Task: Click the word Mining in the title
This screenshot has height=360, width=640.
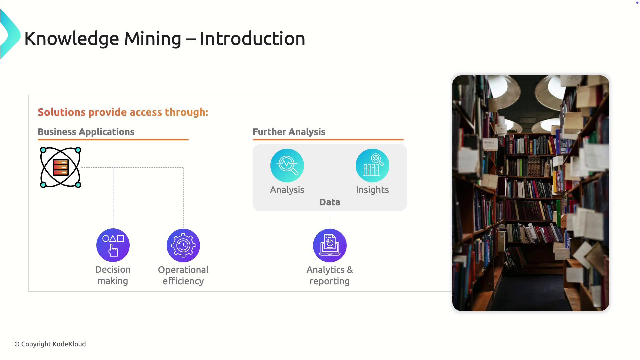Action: [153, 39]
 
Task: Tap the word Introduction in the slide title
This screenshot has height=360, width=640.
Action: [252, 39]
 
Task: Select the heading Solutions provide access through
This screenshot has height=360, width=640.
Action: [123, 112]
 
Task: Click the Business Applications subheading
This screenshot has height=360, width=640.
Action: [86, 132]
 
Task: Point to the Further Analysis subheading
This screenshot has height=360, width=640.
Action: [289, 132]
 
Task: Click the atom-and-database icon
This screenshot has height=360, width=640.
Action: [60, 167]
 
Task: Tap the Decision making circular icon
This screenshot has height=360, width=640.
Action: [113, 245]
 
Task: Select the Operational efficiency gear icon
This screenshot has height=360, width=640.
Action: [183, 245]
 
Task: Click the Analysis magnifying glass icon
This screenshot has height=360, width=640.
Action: [287, 165]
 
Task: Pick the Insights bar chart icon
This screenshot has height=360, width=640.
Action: [372, 165]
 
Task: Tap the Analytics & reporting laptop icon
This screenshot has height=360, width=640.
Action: [330, 245]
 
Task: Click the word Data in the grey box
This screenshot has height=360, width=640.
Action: [330, 202]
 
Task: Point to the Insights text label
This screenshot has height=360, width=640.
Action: [372, 190]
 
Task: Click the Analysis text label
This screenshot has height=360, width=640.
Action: [287, 190]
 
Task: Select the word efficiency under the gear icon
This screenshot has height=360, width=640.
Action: [183, 281]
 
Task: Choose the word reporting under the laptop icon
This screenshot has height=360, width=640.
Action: [330, 281]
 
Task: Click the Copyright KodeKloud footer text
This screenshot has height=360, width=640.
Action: [50, 344]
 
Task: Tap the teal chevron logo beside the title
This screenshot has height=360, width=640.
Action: [10, 34]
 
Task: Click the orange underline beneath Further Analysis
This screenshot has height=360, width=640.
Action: [328, 139]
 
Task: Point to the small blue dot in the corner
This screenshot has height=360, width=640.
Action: [637, 3]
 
